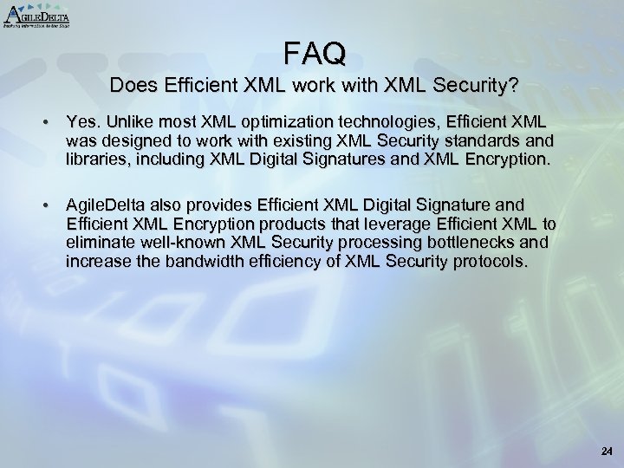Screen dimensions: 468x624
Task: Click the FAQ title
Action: click(x=314, y=55)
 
